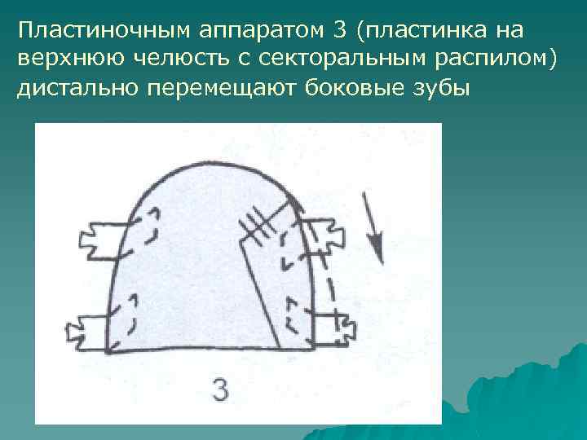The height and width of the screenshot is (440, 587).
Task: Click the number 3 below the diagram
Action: click(220, 389)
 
